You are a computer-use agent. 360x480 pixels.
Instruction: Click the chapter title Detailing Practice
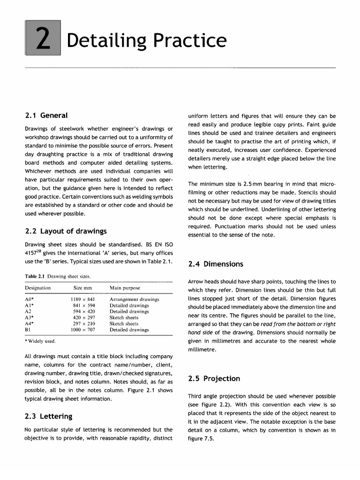coord(146,41)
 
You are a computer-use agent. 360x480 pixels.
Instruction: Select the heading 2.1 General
coord(46,115)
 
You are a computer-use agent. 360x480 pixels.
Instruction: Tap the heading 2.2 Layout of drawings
coord(66,231)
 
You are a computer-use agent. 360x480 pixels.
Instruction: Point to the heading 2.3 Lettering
coord(48,416)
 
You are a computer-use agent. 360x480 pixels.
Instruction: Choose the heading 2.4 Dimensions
coord(216,264)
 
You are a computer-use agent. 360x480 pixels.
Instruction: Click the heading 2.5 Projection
coord(214,379)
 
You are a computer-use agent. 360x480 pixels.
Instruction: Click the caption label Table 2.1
coord(35,276)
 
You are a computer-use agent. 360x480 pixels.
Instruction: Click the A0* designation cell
coord(29,299)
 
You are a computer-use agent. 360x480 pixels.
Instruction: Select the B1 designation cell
coord(28,330)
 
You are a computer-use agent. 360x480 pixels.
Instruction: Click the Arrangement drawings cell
coord(134,299)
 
